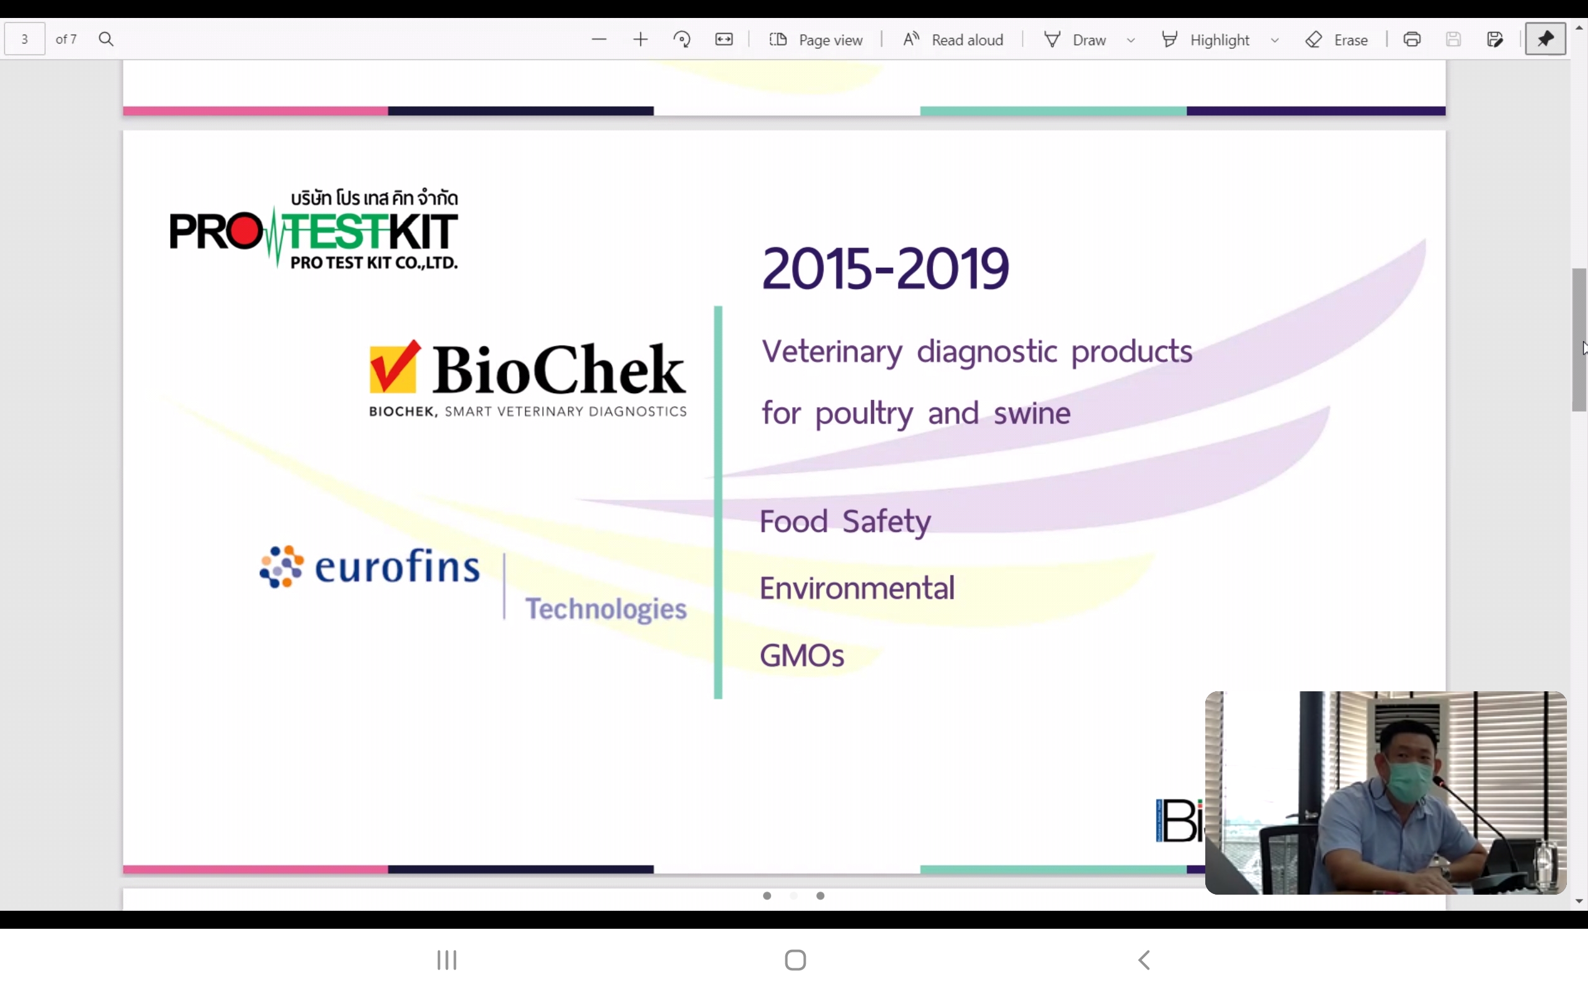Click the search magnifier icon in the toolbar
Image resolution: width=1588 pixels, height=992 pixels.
click(106, 39)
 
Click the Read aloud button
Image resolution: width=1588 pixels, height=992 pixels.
click(953, 39)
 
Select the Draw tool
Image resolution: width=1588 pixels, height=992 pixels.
click(1075, 39)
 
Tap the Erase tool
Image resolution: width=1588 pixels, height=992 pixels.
click(1337, 39)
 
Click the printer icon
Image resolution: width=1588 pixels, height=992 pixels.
click(1412, 39)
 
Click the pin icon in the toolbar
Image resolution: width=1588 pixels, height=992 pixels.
click(1545, 38)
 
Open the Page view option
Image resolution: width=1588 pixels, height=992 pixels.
click(816, 39)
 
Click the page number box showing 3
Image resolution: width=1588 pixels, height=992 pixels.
click(25, 38)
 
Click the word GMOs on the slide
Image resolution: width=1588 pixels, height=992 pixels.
click(802, 655)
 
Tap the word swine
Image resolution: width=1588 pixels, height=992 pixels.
click(1032, 414)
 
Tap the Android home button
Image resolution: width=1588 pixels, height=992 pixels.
click(795, 960)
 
